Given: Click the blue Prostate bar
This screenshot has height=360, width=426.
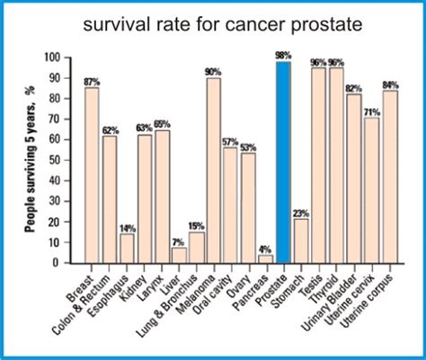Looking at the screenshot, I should pos(283,162).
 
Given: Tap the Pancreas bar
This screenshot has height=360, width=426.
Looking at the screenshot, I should pos(265,259).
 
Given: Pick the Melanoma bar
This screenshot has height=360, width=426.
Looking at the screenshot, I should pos(213,171).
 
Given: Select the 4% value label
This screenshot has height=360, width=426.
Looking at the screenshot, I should pos(265,249).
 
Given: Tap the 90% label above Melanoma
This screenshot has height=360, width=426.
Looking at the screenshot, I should pos(213,71).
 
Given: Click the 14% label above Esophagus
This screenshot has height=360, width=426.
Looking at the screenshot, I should pos(127,227).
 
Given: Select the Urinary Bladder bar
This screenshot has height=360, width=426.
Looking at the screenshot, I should pos(352,179).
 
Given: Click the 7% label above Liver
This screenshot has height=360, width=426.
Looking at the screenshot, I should pos(179,241).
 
